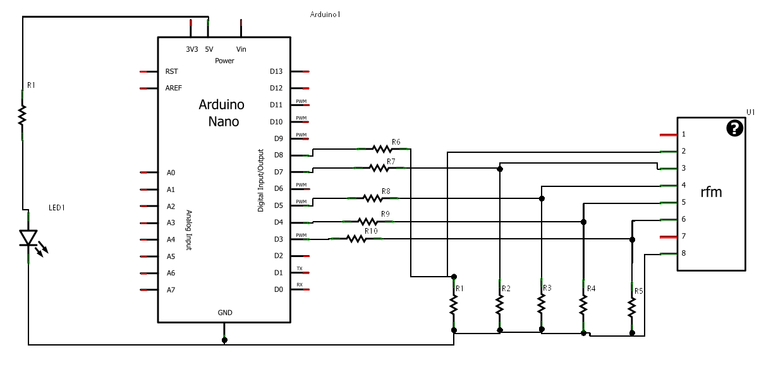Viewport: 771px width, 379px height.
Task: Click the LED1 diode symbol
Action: (28, 238)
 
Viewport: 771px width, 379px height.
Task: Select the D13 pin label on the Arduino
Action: (276, 71)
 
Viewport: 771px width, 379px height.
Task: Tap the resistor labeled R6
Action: (382, 149)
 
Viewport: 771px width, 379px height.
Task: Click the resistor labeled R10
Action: (356, 239)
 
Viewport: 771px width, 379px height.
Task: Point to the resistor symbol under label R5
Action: (632, 308)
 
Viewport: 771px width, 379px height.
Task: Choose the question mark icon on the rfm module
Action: (734, 128)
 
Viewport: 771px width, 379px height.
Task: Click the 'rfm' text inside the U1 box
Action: (711, 193)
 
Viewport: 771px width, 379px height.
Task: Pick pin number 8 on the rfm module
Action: (684, 253)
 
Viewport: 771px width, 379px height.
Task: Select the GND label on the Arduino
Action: (225, 313)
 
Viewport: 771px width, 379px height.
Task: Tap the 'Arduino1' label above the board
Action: (326, 14)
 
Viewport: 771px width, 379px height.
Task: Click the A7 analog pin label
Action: (171, 290)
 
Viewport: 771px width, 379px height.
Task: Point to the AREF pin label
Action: (174, 88)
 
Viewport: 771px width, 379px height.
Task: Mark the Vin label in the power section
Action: (241, 49)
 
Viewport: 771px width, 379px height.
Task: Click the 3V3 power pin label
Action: (191, 49)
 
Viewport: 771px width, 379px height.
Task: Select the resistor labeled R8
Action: (373, 198)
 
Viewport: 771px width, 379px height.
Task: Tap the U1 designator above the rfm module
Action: (750, 112)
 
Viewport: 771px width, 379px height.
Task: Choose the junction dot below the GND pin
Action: (225, 340)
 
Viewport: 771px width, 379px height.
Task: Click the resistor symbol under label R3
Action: (542, 304)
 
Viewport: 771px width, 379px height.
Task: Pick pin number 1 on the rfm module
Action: (684, 135)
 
